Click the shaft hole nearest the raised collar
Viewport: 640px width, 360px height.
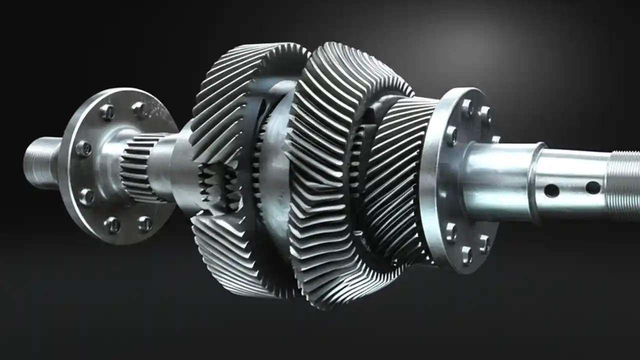pos(551,190)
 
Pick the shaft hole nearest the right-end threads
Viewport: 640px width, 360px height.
pos(593,187)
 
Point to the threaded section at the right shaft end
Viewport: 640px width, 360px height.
pos(625,185)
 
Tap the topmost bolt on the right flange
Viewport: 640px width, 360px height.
pos(467,107)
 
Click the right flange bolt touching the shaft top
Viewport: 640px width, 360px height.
pos(451,135)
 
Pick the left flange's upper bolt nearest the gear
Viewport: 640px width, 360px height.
pos(138,109)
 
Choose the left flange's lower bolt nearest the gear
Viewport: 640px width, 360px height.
pos(144,223)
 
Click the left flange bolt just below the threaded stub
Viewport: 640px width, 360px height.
pos(86,196)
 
